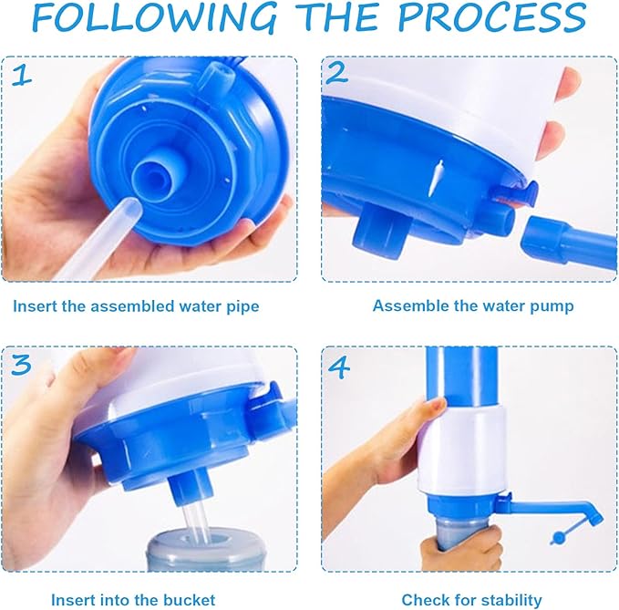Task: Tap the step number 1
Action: coord(21,75)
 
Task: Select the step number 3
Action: coord(22,366)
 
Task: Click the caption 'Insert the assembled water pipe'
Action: coord(136,306)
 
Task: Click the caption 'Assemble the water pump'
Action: coord(473,306)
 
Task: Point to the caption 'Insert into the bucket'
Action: coord(133,599)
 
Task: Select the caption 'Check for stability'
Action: coord(472,599)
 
